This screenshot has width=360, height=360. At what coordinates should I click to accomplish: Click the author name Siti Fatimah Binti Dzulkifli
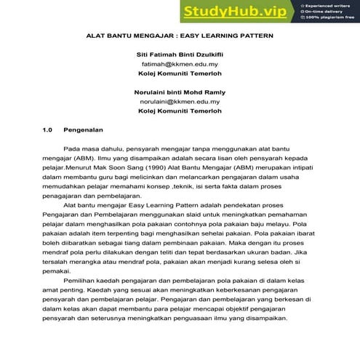[x=180, y=55]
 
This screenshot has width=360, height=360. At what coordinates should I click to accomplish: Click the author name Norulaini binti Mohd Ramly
[x=180, y=92]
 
